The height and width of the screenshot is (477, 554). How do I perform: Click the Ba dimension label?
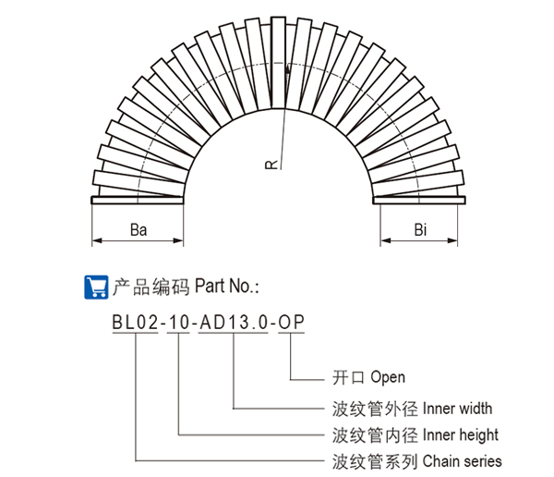pyautogui.click(x=138, y=228)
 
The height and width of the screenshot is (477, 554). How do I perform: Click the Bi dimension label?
pyautogui.click(x=419, y=228)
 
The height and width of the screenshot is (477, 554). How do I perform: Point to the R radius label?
pyautogui.click(x=270, y=165)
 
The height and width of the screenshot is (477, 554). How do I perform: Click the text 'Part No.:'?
pyautogui.click(x=228, y=287)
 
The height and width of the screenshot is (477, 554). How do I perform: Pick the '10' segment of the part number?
pyautogui.click(x=178, y=323)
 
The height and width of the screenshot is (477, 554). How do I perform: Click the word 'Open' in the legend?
pyautogui.click(x=388, y=378)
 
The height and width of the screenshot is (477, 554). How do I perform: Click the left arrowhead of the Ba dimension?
pyautogui.click(x=95, y=242)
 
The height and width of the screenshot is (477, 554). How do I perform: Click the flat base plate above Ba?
pyautogui.click(x=138, y=198)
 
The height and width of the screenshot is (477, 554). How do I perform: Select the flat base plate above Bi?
pyautogui.click(x=419, y=198)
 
